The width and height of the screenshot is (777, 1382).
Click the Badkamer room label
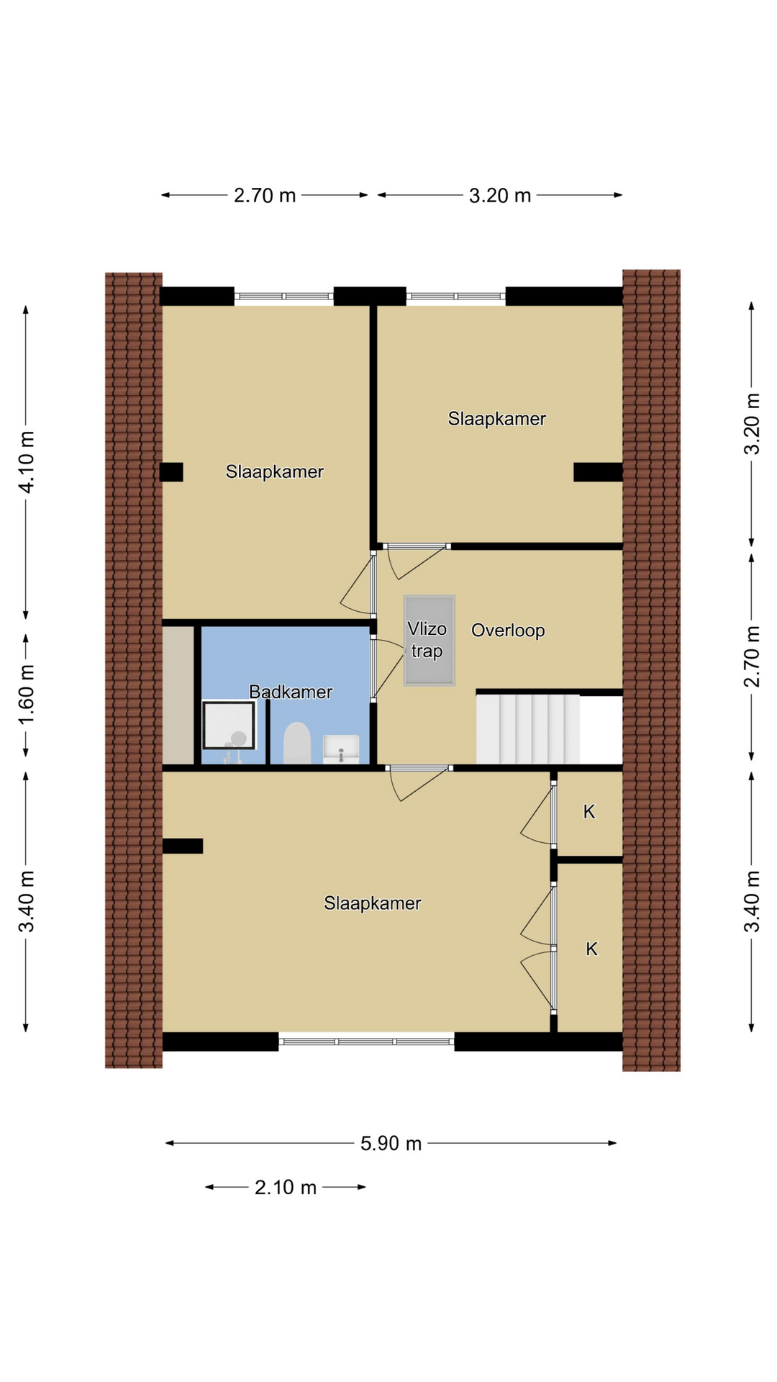(x=291, y=692)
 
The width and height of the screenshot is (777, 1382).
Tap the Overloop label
(x=508, y=631)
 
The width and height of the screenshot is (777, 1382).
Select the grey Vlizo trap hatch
(x=430, y=641)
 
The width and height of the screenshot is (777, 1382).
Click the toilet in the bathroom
(x=297, y=743)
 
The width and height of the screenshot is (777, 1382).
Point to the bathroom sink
(x=341, y=748)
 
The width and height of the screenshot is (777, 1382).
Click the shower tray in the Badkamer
(x=229, y=726)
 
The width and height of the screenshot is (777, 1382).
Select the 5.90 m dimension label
(x=391, y=1143)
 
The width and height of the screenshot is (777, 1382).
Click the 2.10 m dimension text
(x=286, y=1187)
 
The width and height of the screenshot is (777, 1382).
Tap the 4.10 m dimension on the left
(x=26, y=462)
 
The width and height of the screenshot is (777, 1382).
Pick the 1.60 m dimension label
(x=26, y=696)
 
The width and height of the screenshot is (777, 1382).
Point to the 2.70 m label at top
(x=265, y=195)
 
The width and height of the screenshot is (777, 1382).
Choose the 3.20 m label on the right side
(x=752, y=424)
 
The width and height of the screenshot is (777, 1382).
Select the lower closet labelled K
(x=590, y=947)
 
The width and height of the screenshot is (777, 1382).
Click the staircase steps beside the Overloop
(x=528, y=728)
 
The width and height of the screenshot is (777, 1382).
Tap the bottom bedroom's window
(x=366, y=1042)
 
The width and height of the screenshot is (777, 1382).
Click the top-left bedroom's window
(x=284, y=296)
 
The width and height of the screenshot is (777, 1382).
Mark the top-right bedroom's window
(x=456, y=296)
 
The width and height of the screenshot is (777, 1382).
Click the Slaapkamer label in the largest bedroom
(x=372, y=903)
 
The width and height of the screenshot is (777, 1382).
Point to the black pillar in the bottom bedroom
(x=183, y=846)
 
